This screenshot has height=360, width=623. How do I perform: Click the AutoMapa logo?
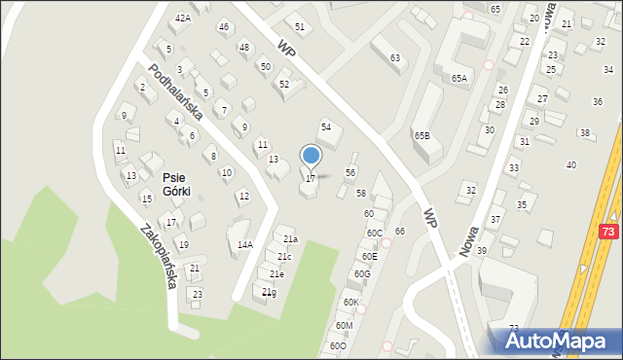click(x=558, y=341)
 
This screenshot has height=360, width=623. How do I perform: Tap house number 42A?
click(x=182, y=18)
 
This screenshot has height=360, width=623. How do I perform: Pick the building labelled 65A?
click(x=458, y=78)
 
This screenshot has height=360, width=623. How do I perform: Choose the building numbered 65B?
click(x=422, y=136)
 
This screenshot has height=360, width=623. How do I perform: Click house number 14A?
click(x=244, y=245)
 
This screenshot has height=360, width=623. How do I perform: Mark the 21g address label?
click(x=270, y=292)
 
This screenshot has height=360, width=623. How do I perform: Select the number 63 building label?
click(x=395, y=58)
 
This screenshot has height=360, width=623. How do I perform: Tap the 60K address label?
click(x=350, y=303)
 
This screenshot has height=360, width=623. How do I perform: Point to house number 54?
click(x=327, y=127)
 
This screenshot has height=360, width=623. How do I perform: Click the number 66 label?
click(x=400, y=231)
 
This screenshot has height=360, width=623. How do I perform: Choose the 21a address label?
click(x=290, y=239)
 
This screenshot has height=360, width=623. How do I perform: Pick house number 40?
click(x=571, y=164)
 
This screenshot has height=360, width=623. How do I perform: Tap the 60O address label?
click(x=337, y=345)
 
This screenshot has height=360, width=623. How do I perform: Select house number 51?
click(x=300, y=26)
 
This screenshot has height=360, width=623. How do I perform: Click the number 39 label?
click(x=481, y=250)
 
